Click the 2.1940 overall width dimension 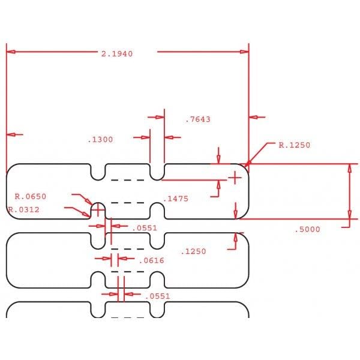pyautogui.click(x=117, y=54)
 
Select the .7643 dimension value pyautogui.click(x=198, y=119)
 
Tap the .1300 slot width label pyautogui.click(x=100, y=140)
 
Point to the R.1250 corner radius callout pyautogui.click(x=295, y=145)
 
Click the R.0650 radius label pyautogui.click(x=31, y=197)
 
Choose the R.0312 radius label pyautogui.click(x=23, y=209)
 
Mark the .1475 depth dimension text pyautogui.click(x=176, y=199)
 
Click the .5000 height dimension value pyautogui.click(x=307, y=229)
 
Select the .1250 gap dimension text pyautogui.click(x=194, y=251)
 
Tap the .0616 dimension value pyautogui.click(x=152, y=260)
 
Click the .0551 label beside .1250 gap pyautogui.click(x=145, y=228)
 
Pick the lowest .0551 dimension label pyautogui.click(x=158, y=296)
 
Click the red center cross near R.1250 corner pyautogui.click(x=235, y=178)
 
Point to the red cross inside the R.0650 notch pyautogui.click(x=98, y=209)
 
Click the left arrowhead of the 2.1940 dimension pyautogui.click(x=11, y=52)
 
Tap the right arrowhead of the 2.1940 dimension pyautogui.click(x=244, y=52)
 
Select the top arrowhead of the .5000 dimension pyautogui.click(x=349, y=168)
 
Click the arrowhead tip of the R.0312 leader pyautogui.click(x=90, y=217)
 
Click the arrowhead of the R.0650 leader pyautogui.click(x=92, y=205)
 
